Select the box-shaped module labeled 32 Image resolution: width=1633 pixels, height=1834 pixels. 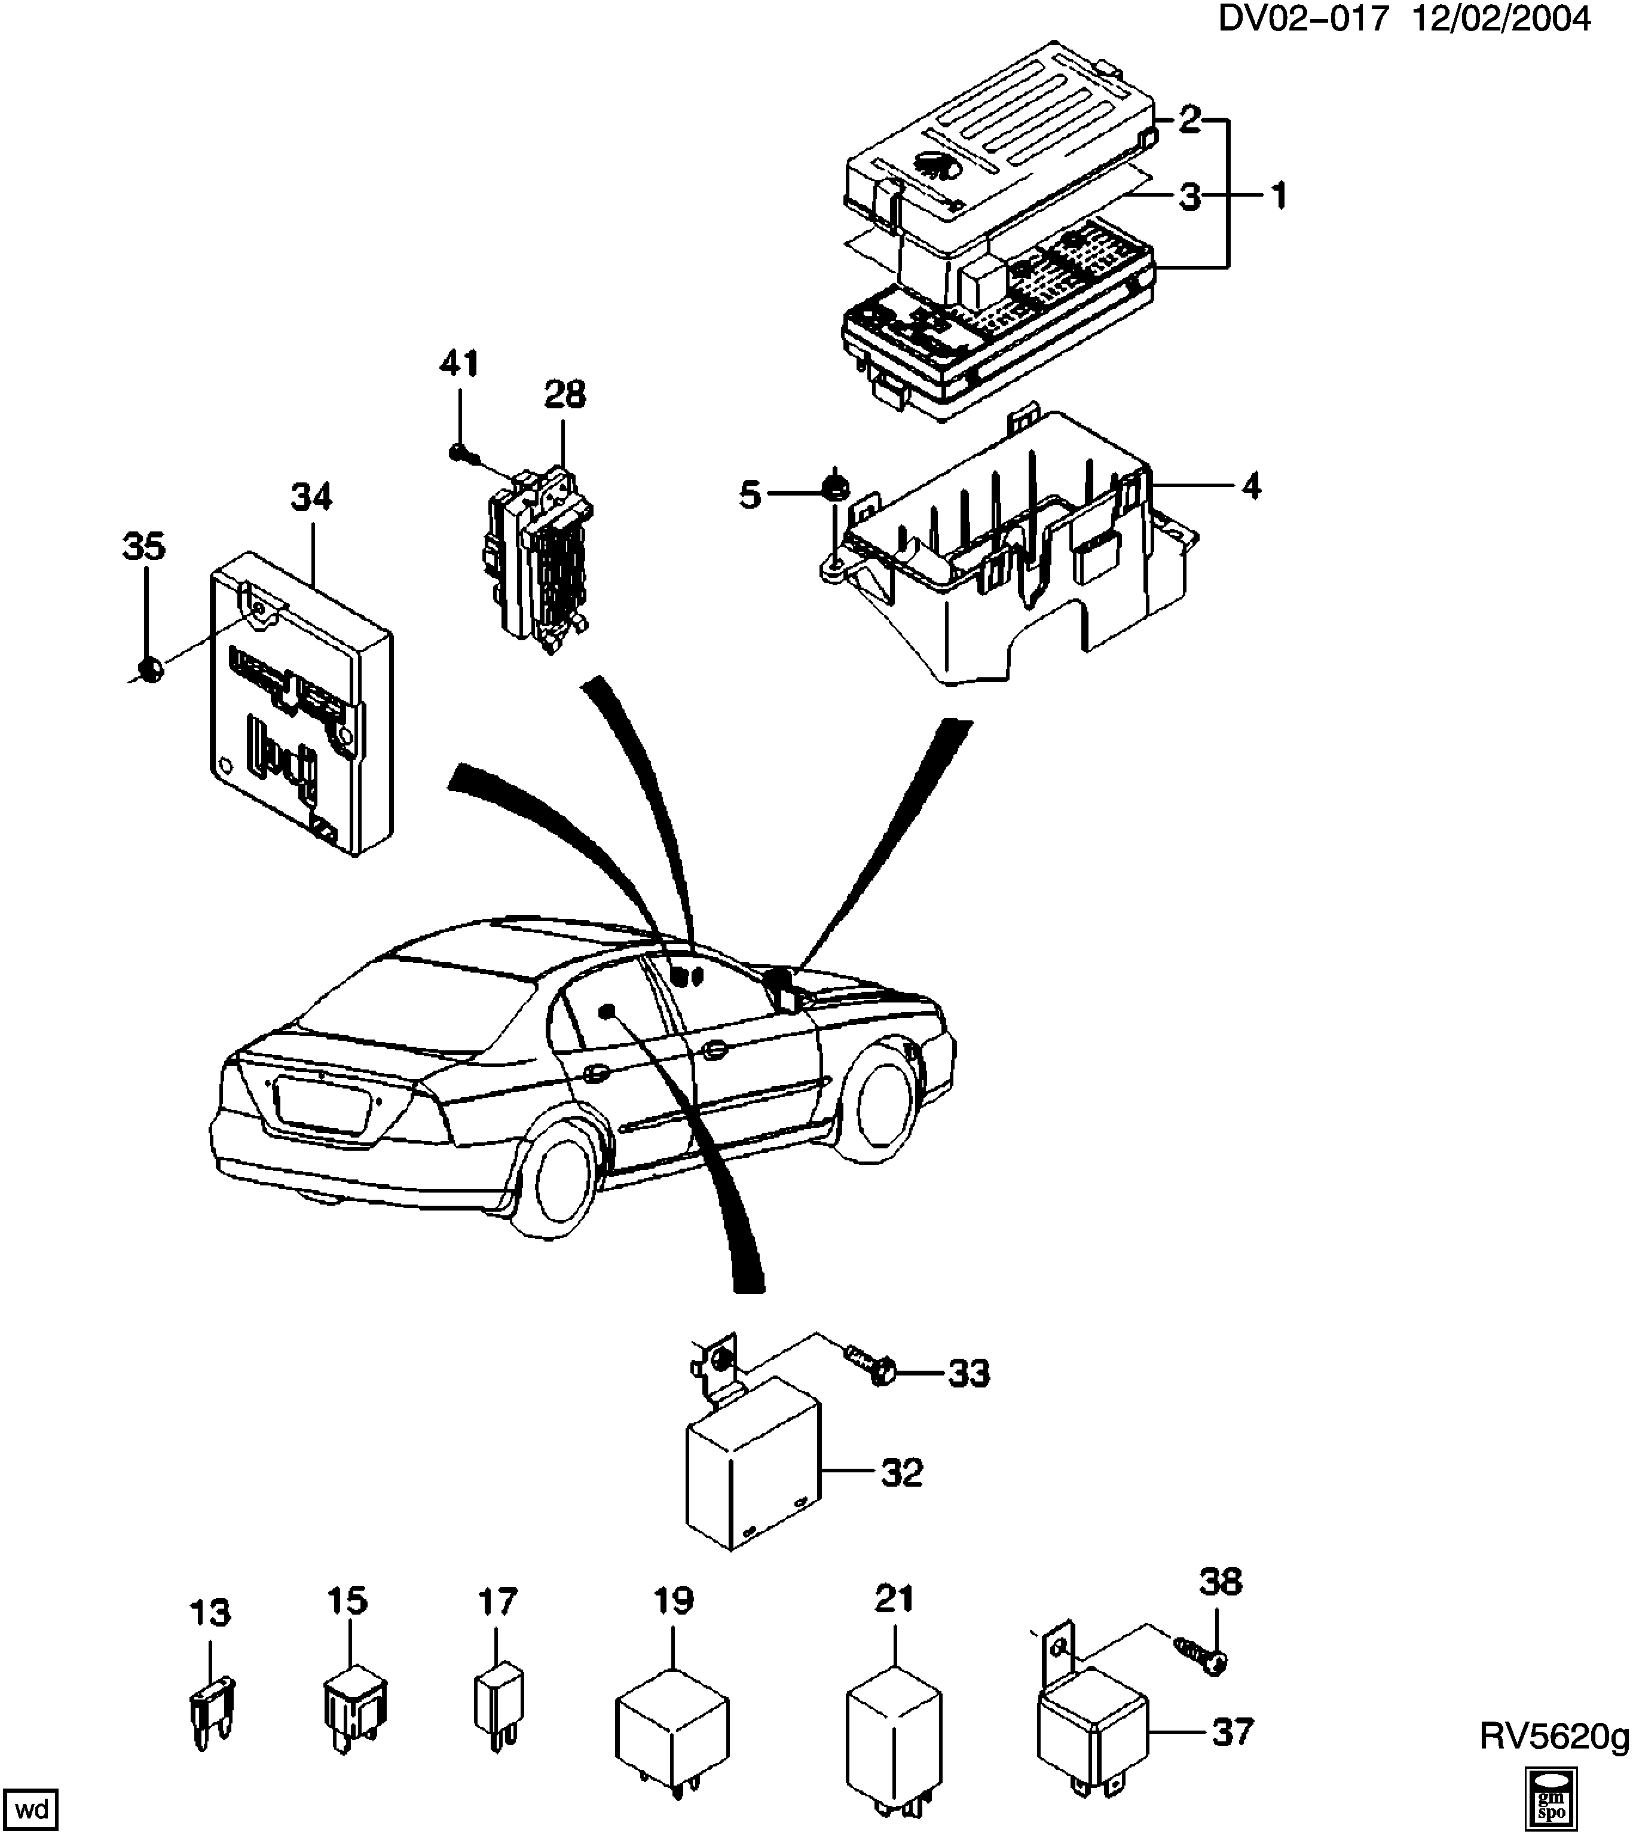click(752, 1474)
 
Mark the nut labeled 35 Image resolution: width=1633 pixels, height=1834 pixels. click(150, 668)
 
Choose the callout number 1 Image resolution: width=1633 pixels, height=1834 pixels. click(1278, 195)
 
